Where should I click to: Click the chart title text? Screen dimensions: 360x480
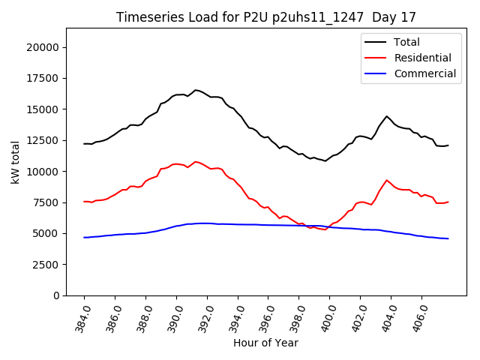(x=266, y=17)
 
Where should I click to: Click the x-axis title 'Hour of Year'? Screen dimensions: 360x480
(x=265, y=343)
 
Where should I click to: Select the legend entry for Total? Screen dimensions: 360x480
(x=406, y=42)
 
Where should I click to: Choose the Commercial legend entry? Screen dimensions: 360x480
(x=424, y=73)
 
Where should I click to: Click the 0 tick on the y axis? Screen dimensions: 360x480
(x=57, y=295)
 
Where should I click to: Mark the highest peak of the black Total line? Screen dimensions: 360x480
(x=196, y=90)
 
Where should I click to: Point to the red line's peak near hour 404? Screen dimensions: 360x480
(x=387, y=180)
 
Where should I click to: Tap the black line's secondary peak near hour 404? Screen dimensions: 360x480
(x=387, y=116)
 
